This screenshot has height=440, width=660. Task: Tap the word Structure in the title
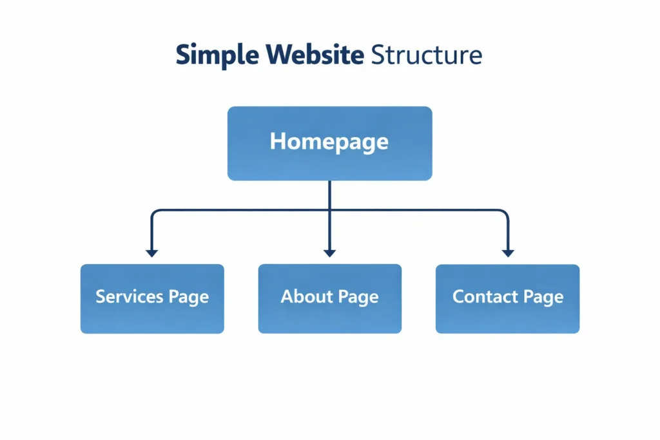(427, 55)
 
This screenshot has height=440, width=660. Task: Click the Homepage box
(329, 143)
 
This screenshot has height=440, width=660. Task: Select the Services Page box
(152, 298)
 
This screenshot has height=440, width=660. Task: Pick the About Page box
(329, 298)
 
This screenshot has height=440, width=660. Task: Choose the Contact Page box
(507, 298)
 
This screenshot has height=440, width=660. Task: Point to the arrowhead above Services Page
(151, 253)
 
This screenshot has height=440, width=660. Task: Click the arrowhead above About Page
(329, 253)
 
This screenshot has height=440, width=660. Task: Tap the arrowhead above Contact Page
(508, 253)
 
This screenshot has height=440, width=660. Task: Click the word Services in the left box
(129, 296)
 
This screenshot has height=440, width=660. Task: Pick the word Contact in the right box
(478, 296)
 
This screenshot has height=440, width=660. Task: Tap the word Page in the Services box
(189, 297)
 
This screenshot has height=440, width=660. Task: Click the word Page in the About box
(358, 297)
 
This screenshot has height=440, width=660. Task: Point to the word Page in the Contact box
(543, 297)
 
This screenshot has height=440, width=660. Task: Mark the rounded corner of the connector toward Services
(155, 212)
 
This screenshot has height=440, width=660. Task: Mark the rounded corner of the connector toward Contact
(505, 212)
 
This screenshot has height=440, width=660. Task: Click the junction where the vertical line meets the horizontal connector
(329, 209)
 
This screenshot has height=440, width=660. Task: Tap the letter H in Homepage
(277, 141)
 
